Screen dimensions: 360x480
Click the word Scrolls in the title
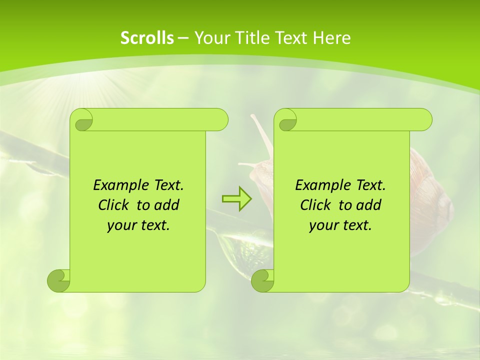pos(147,38)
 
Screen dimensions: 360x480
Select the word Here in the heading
pos(331,38)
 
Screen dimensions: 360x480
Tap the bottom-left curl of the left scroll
pos(58,280)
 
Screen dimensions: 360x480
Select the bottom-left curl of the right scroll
pos(262,280)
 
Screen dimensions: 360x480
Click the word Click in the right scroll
pos(316,205)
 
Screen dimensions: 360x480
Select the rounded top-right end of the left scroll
pos(220,119)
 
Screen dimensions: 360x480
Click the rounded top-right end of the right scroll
pos(424,119)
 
